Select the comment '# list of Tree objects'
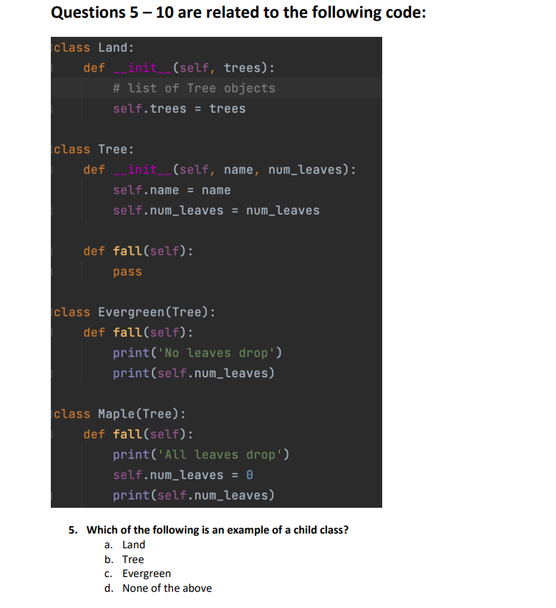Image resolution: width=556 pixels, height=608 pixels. pos(194,88)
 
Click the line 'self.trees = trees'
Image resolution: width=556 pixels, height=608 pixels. pos(179,109)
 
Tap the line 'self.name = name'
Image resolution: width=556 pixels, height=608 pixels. pos(172,190)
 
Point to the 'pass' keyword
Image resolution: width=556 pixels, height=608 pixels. pos(127,272)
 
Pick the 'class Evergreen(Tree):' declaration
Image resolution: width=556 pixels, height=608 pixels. pos(135,312)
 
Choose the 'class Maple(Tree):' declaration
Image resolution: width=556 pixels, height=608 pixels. pos(120,414)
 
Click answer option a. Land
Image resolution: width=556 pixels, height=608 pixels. pos(133,545)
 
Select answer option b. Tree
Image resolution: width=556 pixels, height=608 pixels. pos(133,559)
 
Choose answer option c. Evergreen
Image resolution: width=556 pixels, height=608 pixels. pos(146,573)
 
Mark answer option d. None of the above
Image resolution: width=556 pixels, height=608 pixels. pos(166,588)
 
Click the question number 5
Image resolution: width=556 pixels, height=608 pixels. pos(72,530)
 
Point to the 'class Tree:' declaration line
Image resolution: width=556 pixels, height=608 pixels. pos(92,150)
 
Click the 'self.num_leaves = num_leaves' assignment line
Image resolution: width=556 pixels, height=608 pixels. pos(216,211)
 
